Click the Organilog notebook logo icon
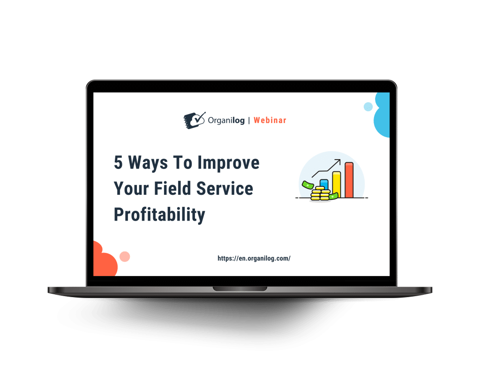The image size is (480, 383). pyautogui.click(x=194, y=120)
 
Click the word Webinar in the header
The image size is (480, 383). pyautogui.click(x=270, y=121)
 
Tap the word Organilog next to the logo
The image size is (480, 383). pyautogui.click(x=226, y=121)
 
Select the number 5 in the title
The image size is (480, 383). pyautogui.click(x=118, y=162)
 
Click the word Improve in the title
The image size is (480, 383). pyautogui.click(x=228, y=163)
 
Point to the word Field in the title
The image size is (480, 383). pyautogui.click(x=172, y=188)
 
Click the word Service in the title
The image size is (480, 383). pyautogui.click(x=225, y=188)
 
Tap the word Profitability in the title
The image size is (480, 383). pyautogui.click(x=159, y=214)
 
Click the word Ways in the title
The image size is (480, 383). pyautogui.click(x=148, y=163)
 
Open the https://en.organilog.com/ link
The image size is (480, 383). pyautogui.click(x=254, y=258)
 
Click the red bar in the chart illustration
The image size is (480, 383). pyautogui.click(x=349, y=180)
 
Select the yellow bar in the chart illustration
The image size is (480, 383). pyautogui.click(x=337, y=184)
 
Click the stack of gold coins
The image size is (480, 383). pyautogui.click(x=321, y=193)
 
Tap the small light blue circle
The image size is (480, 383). pyautogui.click(x=368, y=107)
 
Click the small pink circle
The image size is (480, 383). pyautogui.click(x=125, y=256)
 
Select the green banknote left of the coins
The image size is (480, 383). pyautogui.click(x=307, y=185)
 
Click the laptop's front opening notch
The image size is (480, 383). pyautogui.click(x=240, y=289)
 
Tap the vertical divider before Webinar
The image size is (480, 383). pyautogui.click(x=249, y=121)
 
